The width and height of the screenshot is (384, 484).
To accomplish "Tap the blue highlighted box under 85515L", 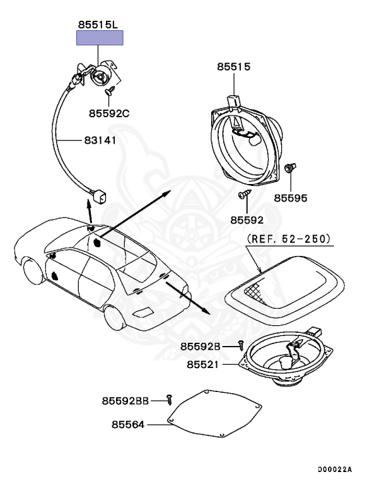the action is tap(100, 39).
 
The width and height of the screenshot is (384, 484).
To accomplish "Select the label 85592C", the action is tap(108, 113).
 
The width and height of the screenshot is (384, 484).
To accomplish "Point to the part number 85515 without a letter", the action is tap(234, 66).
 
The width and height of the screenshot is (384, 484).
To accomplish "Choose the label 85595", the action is tap(291, 197).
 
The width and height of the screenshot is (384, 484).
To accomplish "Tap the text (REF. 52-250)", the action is tap(288, 239).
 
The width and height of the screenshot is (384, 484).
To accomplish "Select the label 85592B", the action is tap(200, 346).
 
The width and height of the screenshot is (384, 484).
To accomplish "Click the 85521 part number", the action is tap(204, 364).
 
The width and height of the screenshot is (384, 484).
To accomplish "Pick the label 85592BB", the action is tap(125, 400).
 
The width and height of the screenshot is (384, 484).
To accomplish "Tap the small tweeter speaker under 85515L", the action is tap(100, 77).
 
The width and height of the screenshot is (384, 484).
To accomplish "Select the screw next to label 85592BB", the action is tap(169, 398).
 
